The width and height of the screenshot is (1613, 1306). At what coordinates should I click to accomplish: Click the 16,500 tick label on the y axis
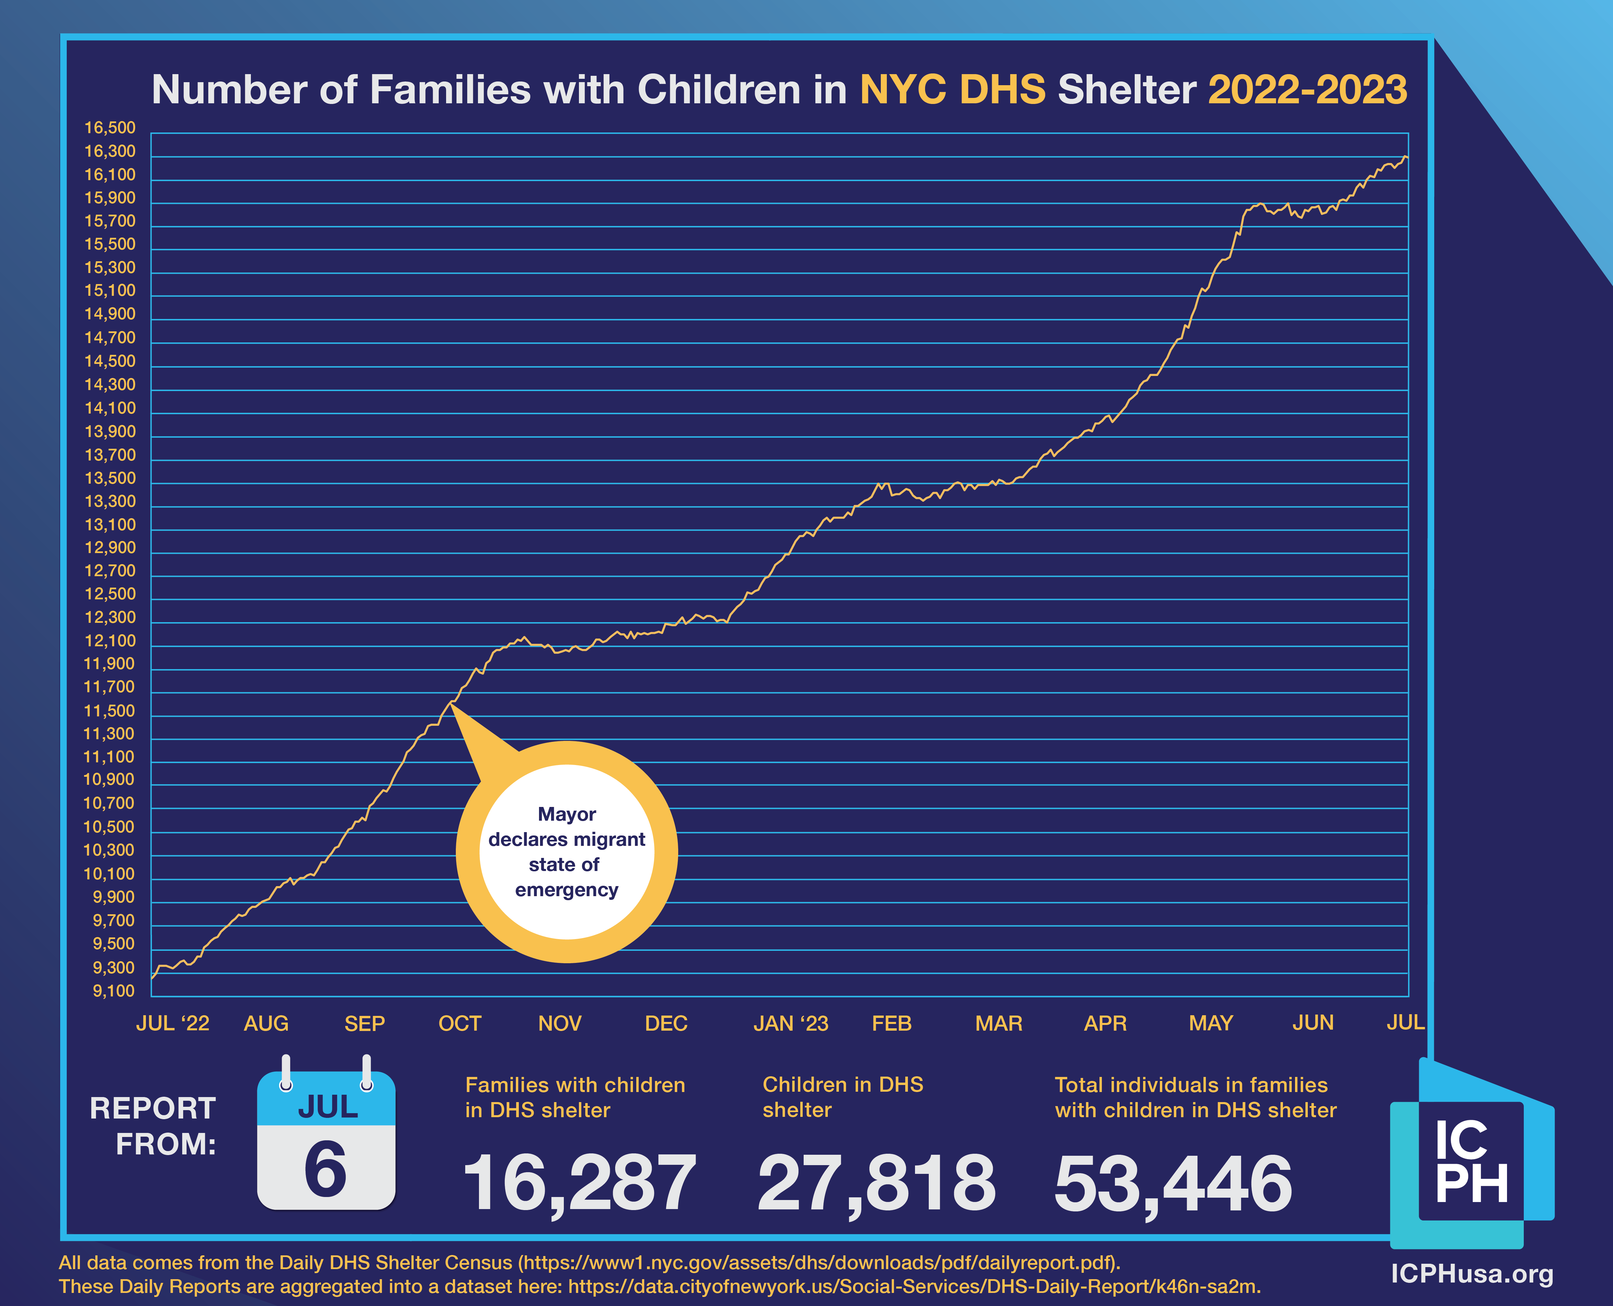pyautogui.click(x=110, y=128)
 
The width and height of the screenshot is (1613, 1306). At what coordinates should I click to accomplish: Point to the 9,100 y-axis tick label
pyautogui.click(x=114, y=991)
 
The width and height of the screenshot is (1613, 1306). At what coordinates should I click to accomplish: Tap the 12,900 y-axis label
pyautogui.click(x=110, y=548)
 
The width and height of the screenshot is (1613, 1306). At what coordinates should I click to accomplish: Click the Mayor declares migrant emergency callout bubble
pyautogui.click(x=567, y=852)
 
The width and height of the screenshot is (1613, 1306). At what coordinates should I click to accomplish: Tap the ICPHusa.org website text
pyautogui.click(x=1471, y=1274)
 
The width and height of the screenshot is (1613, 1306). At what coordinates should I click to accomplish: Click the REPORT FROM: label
pyautogui.click(x=154, y=1126)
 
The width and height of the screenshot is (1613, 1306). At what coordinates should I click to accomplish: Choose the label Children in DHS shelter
pyautogui.click(x=843, y=1097)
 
